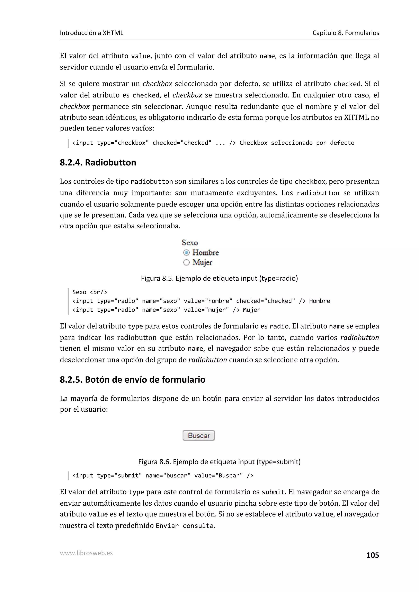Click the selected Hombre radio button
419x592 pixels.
tap(186, 252)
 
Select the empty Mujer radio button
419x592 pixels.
tap(186, 262)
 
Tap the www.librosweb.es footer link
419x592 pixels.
tap(86, 553)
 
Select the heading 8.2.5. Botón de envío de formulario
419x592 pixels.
tap(132, 380)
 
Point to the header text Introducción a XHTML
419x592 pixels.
tap(91, 33)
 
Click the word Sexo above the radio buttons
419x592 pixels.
tap(189, 243)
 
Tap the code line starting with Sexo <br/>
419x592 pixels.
tap(89, 292)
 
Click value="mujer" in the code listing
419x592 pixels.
tap(206, 310)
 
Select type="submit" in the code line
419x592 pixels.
tap(119, 475)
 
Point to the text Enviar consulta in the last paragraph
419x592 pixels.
tap(185, 526)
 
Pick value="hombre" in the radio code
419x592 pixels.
tap(208, 301)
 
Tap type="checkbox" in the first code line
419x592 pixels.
tap(123, 143)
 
